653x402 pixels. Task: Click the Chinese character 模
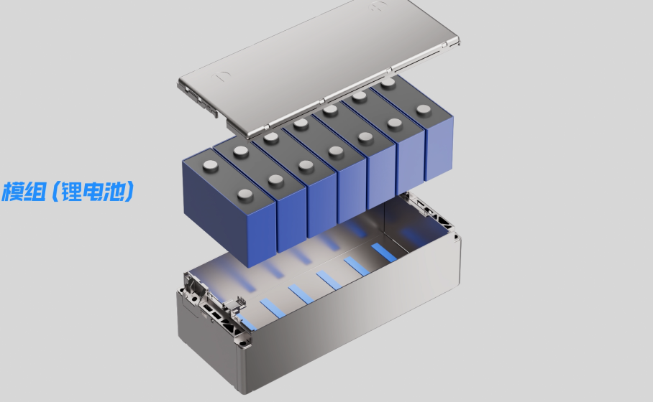(12, 192)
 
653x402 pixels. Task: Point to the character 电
(93, 192)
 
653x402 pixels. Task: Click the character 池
(114, 192)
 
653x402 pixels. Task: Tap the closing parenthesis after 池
(129, 192)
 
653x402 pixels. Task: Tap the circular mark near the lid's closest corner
(221, 76)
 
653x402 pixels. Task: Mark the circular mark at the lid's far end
(378, 6)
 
